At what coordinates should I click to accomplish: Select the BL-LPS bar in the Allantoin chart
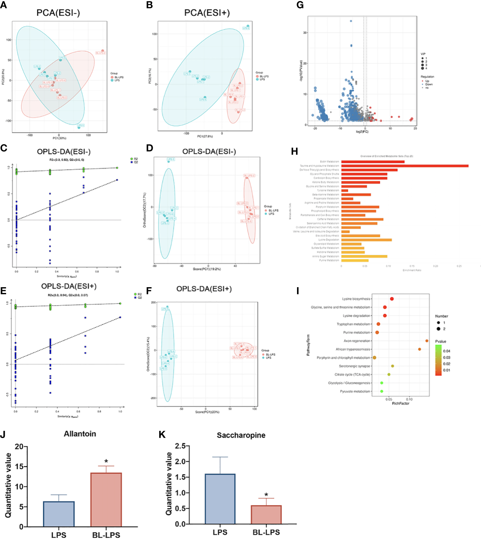pos(106,499)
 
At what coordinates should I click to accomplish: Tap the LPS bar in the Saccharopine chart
pos(220,499)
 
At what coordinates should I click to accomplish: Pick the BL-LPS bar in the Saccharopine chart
pos(266,514)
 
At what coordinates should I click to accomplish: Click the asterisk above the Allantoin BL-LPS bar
pos(106,462)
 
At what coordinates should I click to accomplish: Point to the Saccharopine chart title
pos(241,435)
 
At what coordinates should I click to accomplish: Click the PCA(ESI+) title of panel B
pos(207,13)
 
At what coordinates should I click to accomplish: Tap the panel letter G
pos(300,5)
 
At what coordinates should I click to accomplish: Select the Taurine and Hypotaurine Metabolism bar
pos(405,166)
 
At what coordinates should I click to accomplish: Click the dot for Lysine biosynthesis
pos(392,299)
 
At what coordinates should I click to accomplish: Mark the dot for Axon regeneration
pos(427,341)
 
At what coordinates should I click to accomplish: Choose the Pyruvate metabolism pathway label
pos(355,392)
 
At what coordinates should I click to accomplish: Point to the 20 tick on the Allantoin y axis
pos(19,447)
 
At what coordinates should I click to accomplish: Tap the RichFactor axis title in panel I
pos(401,403)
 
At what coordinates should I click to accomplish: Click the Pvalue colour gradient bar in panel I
pos(438,360)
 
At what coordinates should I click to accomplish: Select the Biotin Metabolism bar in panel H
pos(373,162)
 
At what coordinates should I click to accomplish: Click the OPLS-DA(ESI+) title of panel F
pos(204,289)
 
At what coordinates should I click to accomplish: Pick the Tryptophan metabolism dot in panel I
pos(378,324)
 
